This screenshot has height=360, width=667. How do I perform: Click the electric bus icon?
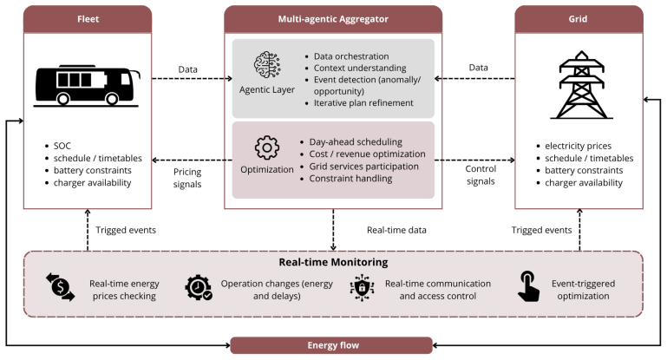(87, 86)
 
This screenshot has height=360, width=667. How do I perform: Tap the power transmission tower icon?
(581, 85)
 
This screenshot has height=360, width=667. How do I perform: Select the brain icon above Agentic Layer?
(267, 65)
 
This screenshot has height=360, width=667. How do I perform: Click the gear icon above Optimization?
(267, 147)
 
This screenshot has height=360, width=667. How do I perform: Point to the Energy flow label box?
(331, 345)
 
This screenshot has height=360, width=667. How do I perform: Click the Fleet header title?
(88, 19)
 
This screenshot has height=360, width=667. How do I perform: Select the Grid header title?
(578, 19)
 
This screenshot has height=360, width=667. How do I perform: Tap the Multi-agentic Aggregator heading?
(333, 19)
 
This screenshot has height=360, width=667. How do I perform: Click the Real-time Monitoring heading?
(333, 262)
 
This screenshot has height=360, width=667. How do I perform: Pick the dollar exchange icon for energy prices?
(61, 287)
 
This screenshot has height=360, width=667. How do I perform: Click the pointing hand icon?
(528, 286)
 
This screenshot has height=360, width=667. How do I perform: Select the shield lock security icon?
(362, 288)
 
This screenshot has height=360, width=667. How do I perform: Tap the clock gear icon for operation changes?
(199, 288)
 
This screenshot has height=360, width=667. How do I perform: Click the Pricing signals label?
(187, 178)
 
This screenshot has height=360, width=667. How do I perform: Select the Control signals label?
(481, 175)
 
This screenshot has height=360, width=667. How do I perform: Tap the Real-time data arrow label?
(396, 230)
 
